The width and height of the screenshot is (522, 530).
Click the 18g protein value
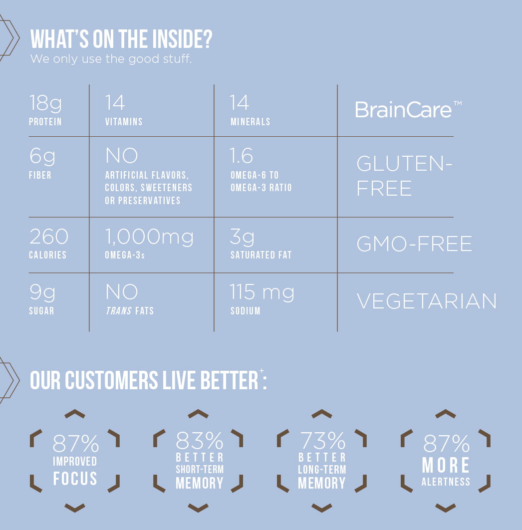45,103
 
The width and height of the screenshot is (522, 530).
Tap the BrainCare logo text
408,109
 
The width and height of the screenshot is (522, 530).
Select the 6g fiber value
42,156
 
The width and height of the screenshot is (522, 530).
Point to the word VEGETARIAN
427,301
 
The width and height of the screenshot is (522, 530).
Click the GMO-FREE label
415,244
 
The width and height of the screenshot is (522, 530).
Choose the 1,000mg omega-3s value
149,237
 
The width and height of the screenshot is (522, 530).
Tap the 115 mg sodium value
262,292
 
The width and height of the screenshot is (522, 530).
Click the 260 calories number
49,236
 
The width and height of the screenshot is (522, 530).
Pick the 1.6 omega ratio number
241,156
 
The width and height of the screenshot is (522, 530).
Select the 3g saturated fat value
242,237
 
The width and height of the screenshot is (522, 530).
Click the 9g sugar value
42,292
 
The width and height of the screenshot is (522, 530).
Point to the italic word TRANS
119,310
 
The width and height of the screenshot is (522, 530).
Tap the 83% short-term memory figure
200,441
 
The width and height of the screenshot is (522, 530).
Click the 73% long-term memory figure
323,441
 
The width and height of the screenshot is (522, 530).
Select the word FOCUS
75,478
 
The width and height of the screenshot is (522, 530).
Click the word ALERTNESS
446,482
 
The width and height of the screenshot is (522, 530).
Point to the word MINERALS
250,122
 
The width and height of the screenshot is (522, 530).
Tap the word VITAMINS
124,122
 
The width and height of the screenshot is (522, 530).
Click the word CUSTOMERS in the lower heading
111,380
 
